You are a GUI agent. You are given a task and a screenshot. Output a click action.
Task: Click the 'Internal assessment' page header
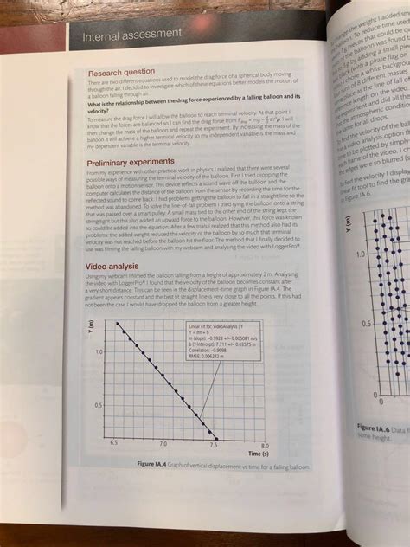coord(131,34)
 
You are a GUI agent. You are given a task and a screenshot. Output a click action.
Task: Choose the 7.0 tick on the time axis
coord(163,442)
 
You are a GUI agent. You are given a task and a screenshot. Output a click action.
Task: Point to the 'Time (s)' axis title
coord(257,453)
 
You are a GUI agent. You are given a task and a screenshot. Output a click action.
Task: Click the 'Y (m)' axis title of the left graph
coord(89,327)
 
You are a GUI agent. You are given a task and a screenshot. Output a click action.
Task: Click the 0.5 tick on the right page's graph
coord(365,321)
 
